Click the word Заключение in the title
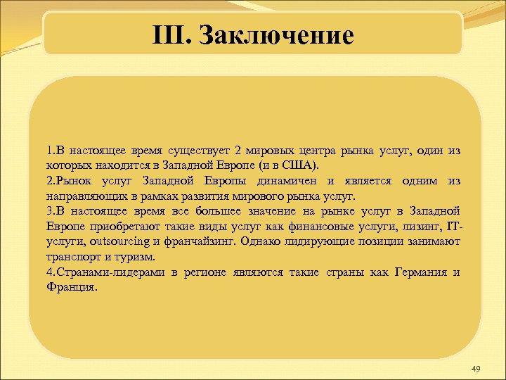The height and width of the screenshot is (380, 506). [276, 34]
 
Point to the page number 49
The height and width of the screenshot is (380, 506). [476, 369]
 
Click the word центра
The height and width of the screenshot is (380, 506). [312, 151]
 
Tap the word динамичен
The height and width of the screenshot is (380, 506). [284, 181]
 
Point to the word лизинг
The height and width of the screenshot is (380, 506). [420, 226]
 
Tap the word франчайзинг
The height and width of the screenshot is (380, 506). [196, 241]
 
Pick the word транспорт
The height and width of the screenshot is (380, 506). [72, 256]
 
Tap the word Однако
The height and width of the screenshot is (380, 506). [259, 241]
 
